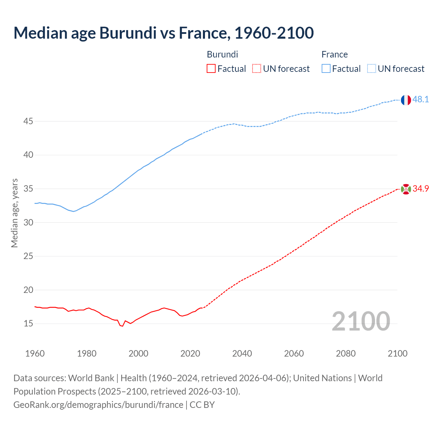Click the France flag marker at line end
[406, 100]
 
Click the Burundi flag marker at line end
[406, 189]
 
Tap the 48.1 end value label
[421, 100]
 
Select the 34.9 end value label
[421, 189]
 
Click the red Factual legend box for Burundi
[211, 69]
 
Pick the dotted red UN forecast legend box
[257, 69]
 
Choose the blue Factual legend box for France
[326, 69]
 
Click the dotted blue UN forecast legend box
[371, 69]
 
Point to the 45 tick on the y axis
[28, 121]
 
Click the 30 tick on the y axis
[28, 223]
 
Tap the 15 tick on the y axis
[28, 324]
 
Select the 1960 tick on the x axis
[35, 353]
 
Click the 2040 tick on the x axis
[242, 353]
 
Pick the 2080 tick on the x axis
[346, 353]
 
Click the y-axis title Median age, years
[14, 213]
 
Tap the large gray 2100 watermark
[361, 321]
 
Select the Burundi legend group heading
[222, 54]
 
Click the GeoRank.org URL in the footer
[98, 405]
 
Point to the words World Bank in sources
[91, 378]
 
